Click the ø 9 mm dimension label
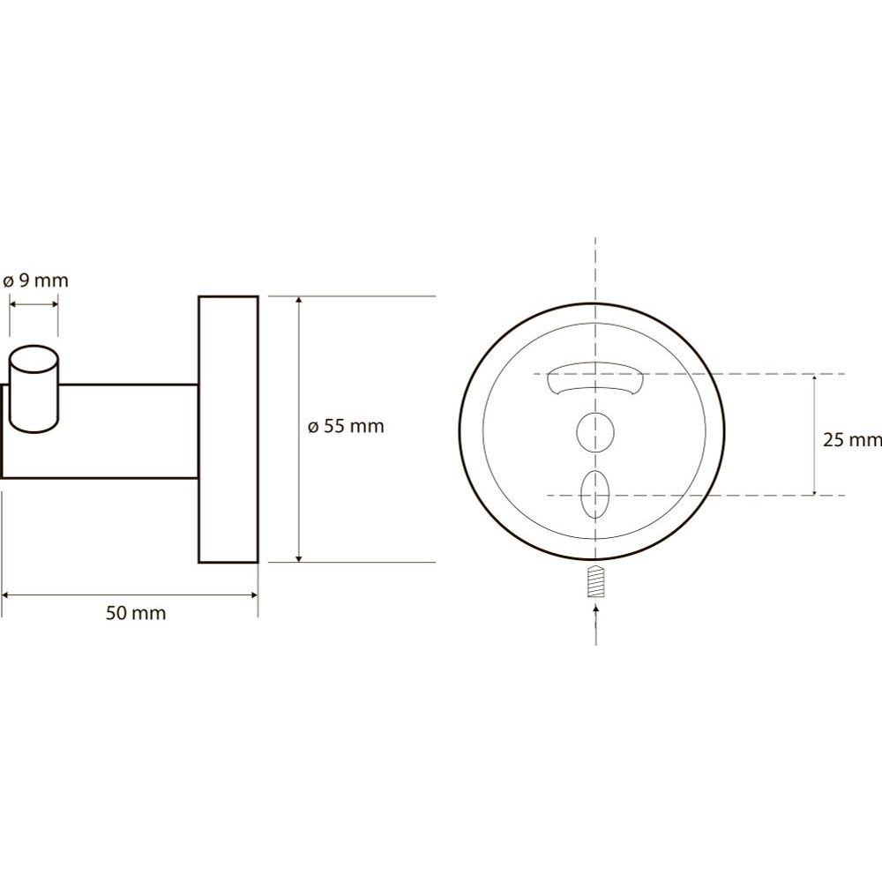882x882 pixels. click(x=35, y=280)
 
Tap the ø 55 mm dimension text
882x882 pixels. click(x=346, y=426)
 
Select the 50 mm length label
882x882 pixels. click(x=136, y=613)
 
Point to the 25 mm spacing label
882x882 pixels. click(x=852, y=440)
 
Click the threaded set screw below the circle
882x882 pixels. click(x=595, y=582)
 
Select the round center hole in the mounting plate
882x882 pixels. click(x=595, y=432)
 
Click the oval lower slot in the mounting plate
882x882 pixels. click(x=595, y=494)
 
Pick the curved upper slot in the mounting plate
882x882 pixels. click(x=595, y=380)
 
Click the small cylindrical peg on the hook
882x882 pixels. click(x=34, y=389)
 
